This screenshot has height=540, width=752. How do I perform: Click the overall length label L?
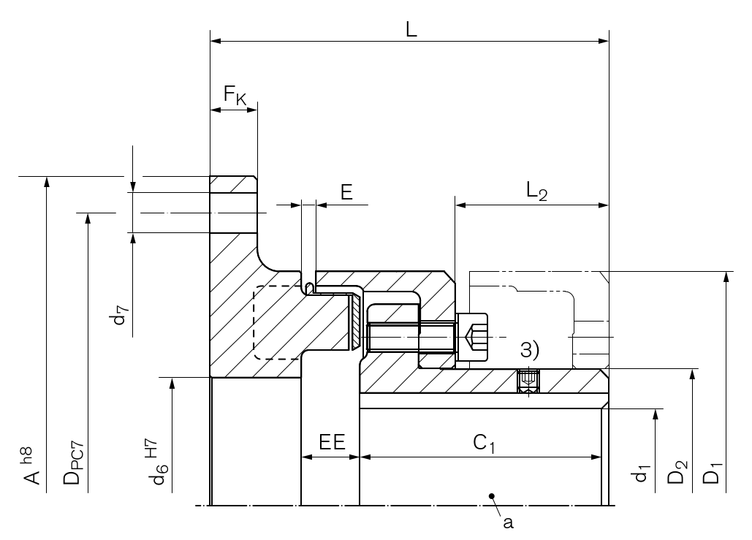coord(411,30)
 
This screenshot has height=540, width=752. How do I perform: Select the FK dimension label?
coord(235,94)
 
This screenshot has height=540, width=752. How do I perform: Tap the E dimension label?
coord(346,192)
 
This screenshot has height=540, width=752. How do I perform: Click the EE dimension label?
coord(333,442)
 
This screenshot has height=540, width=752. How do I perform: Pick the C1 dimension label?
coord(484,443)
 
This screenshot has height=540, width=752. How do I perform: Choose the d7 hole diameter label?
coord(121,315)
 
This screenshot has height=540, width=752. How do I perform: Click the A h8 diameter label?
coord(29,465)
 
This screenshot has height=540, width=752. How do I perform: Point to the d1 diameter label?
coord(641,473)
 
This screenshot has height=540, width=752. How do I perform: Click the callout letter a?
coord(508,522)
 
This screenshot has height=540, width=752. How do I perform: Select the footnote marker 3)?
coord(530,349)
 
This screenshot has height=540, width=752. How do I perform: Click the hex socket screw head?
coord(472,338)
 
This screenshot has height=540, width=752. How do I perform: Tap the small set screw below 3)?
coord(528,381)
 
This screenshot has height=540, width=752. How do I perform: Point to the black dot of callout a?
coord(492,496)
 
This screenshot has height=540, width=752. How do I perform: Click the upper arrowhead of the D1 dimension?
coord(726,277)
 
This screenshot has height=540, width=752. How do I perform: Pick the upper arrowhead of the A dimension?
coord(47,182)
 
